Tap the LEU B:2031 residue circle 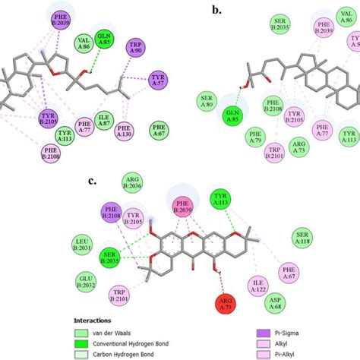84,242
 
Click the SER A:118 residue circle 303,236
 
